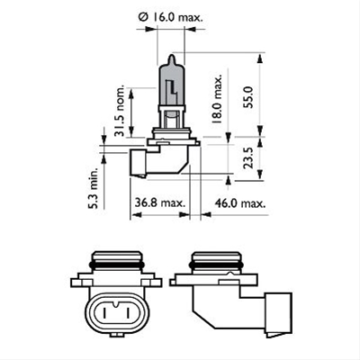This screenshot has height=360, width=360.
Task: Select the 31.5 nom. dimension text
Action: [x=121, y=112]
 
